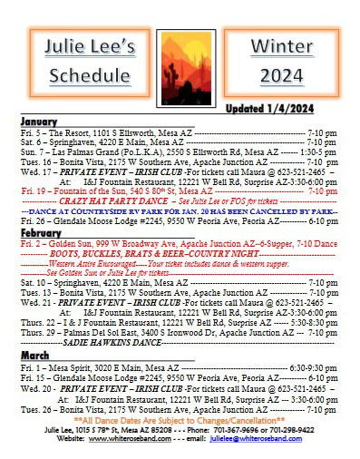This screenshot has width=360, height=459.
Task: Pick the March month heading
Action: click(36, 356)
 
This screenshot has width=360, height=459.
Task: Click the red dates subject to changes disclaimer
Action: click(180, 420)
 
